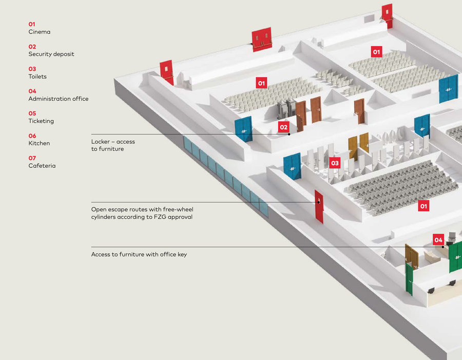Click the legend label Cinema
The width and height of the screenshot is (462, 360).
click(39, 32)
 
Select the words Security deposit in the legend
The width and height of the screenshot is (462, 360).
click(51, 54)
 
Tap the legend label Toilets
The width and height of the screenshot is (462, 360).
click(37, 77)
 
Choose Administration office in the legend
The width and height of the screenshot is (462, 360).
click(59, 99)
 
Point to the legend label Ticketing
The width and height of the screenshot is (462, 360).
click(41, 121)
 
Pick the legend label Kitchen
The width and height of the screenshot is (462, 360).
click(39, 143)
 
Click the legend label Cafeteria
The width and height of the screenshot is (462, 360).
click(42, 166)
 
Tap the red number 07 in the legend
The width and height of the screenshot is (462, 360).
click(32, 158)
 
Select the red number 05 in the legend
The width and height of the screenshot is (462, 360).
click(32, 113)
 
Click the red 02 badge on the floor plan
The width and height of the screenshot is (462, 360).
click(283, 127)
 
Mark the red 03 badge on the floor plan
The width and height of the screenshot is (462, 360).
click(335, 163)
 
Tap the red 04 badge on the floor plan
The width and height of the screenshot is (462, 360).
click(438, 240)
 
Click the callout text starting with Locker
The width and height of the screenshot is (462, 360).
click(113, 145)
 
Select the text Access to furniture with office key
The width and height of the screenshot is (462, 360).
click(139, 254)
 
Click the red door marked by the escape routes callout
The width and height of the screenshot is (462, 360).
click(319, 206)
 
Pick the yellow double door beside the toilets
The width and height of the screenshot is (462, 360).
click(358, 144)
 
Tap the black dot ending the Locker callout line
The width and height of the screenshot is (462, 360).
click(289, 134)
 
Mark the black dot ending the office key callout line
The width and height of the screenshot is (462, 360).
click(442, 247)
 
